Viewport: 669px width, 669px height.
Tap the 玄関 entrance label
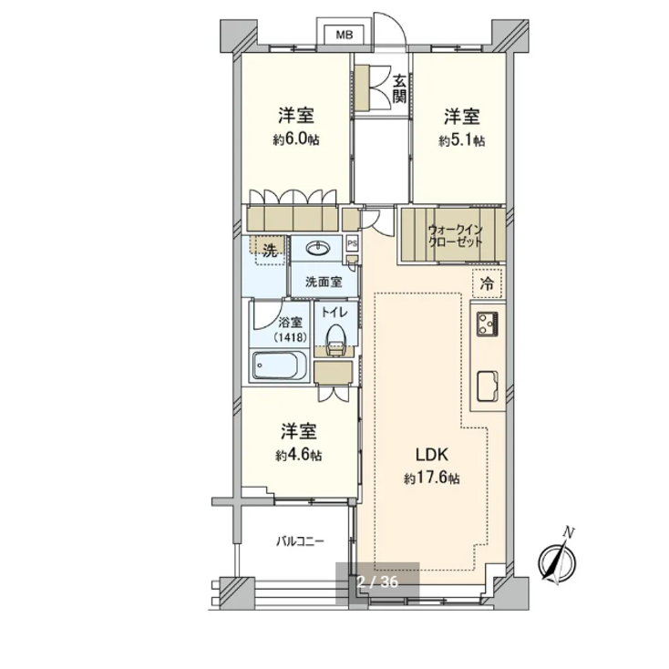pyautogui.click(x=400, y=89)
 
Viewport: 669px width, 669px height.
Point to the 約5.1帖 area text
pyautogui.click(x=461, y=140)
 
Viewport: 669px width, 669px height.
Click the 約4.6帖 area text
pyautogui.click(x=297, y=454)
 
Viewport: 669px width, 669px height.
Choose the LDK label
pyautogui.click(x=433, y=455)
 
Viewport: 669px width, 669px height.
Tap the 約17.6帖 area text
pyautogui.click(x=433, y=479)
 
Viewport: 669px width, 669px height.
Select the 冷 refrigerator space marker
pyautogui.click(x=487, y=283)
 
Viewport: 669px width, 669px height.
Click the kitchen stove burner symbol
pyautogui.click(x=485, y=322)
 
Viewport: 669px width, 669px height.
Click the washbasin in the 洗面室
pyautogui.click(x=318, y=249)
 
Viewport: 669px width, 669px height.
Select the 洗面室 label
pyautogui.click(x=324, y=282)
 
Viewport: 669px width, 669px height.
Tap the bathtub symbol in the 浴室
pyautogui.click(x=281, y=369)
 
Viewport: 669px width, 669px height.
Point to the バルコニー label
pyautogui.click(x=300, y=541)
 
